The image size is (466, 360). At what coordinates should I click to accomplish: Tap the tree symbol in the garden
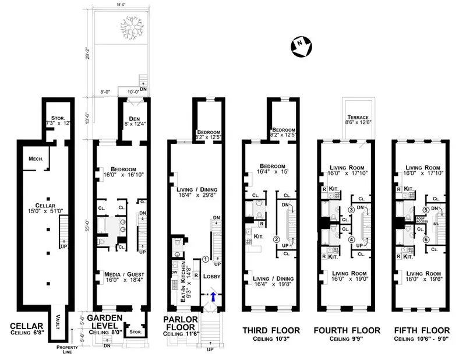pyautogui.click(x=129, y=25)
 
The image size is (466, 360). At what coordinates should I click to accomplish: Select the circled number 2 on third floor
pyautogui.click(x=277, y=239)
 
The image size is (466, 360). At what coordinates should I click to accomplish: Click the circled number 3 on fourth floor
pyautogui.click(x=351, y=210)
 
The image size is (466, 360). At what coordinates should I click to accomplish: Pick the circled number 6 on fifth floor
pyautogui.click(x=426, y=239)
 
